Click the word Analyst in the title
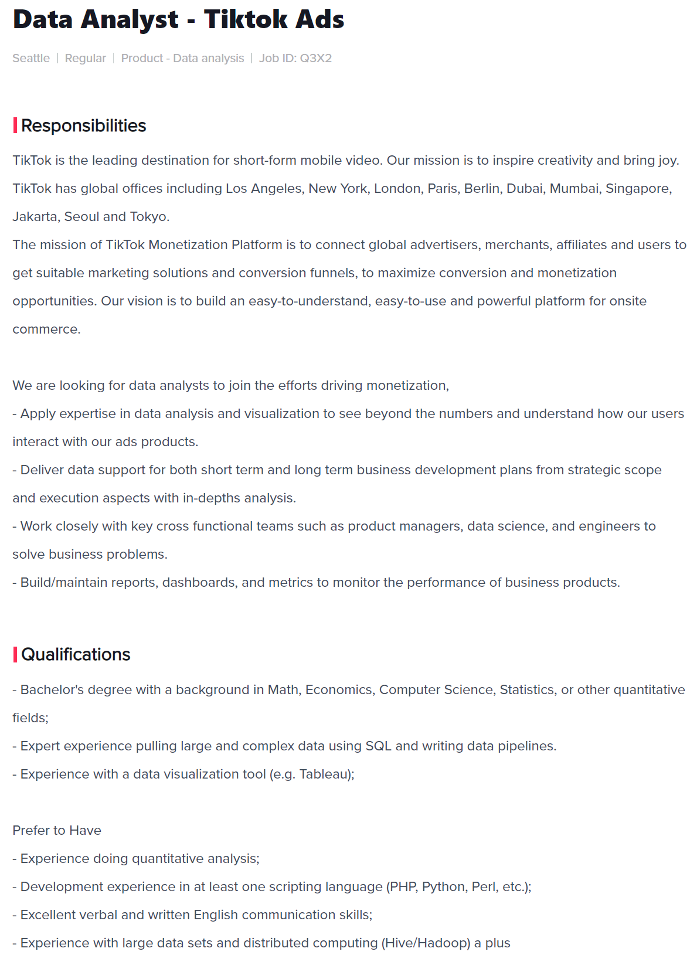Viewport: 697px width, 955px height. pos(130,20)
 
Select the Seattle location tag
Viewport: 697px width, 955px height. pos(31,58)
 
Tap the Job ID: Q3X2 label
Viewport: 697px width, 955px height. pos(295,58)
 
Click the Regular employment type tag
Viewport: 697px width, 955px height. pos(86,58)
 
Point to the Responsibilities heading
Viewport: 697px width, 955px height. pos(83,125)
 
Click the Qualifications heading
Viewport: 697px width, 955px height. pos(76,654)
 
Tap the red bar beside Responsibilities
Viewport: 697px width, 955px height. pos(15,125)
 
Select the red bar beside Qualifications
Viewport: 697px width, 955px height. pos(15,654)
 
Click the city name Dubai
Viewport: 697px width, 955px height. pos(524,188)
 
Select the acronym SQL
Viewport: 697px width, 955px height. pos(378,746)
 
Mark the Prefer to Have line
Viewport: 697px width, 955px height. pos(57,830)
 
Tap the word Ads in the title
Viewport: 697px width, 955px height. pos(319,20)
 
